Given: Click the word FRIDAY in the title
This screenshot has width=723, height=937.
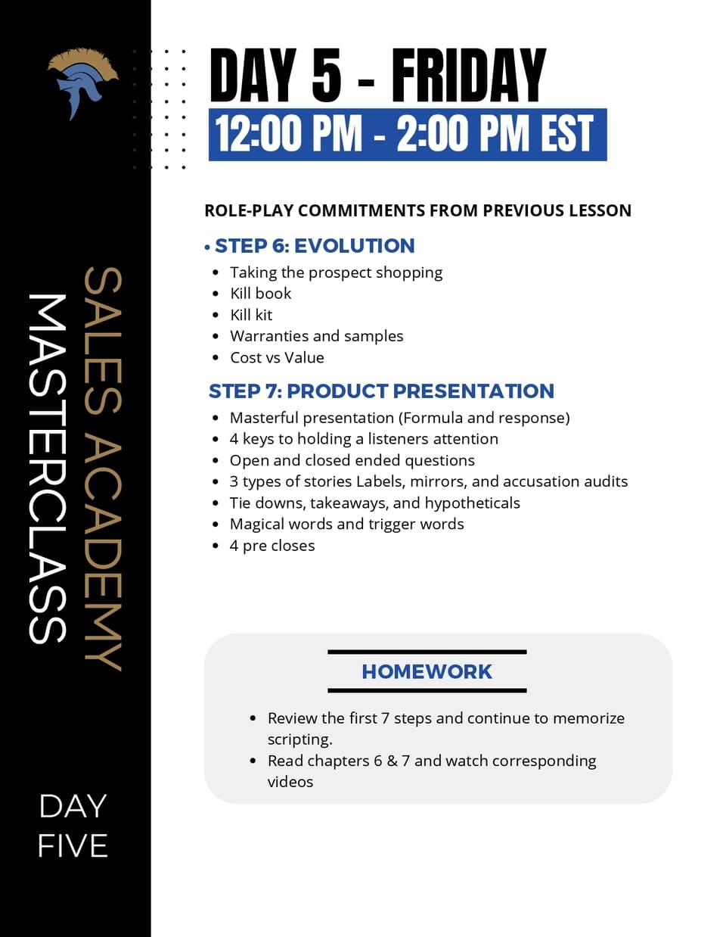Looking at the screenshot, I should [x=468, y=76].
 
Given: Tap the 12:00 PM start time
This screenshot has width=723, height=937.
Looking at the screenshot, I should [x=288, y=134].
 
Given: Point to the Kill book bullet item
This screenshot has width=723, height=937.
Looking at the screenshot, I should [x=260, y=294].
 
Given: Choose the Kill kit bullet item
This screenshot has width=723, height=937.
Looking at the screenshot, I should [x=251, y=315].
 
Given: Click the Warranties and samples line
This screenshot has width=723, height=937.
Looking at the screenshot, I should [x=316, y=336].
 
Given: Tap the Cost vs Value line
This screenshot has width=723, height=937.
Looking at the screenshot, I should [x=277, y=357].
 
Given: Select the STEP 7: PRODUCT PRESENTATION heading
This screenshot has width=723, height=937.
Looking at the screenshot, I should [x=381, y=391].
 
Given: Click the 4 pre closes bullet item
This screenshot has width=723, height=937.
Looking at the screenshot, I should [x=272, y=546].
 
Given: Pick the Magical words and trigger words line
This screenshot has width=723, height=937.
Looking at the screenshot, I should [x=346, y=525].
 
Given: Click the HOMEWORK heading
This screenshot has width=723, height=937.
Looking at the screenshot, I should [x=427, y=671].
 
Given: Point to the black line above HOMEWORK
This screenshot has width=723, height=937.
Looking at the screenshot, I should [x=427, y=652].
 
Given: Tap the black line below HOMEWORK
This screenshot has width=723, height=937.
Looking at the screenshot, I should [x=427, y=690].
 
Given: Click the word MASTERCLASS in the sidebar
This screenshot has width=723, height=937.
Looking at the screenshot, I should [x=47, y=469].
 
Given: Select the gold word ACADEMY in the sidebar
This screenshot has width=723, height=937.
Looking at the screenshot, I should [x=102, y=553].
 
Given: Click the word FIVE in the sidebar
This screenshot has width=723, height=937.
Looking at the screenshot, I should [x=73, y=846].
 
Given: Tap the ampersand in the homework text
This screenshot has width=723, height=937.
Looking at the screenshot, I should [x=392, y=761].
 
